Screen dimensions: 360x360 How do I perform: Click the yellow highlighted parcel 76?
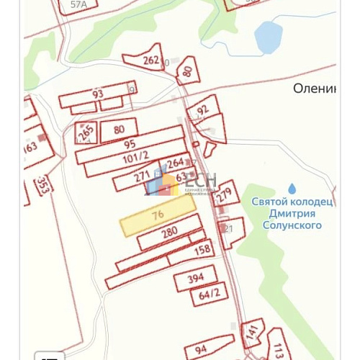[x=158, y=215]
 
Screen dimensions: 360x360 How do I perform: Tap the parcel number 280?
[x=169, y=232]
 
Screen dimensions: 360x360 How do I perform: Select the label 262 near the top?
[x=150, y=60]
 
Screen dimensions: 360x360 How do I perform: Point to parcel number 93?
[x=98, y=94]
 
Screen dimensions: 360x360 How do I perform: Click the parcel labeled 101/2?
[x=135, y=157]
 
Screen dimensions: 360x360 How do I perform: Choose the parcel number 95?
[x=130, y=144]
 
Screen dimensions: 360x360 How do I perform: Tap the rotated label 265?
[x=86, y=132]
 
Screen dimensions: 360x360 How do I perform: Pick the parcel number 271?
[x=142, y=175]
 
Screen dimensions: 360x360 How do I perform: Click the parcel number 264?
[x=176, y=163]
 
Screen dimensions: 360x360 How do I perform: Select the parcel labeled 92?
[x=202, y=111]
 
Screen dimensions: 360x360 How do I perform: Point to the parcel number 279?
[x=226, y=194]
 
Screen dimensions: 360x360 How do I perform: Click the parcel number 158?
[x=203, y=250]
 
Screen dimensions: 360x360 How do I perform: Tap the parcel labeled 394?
[x=195, y=278]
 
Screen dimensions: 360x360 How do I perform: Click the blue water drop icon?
[x=292, y=189]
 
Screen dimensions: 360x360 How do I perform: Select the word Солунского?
[x=292, y=225]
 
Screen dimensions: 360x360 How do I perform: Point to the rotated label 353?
[x=44, y=184]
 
